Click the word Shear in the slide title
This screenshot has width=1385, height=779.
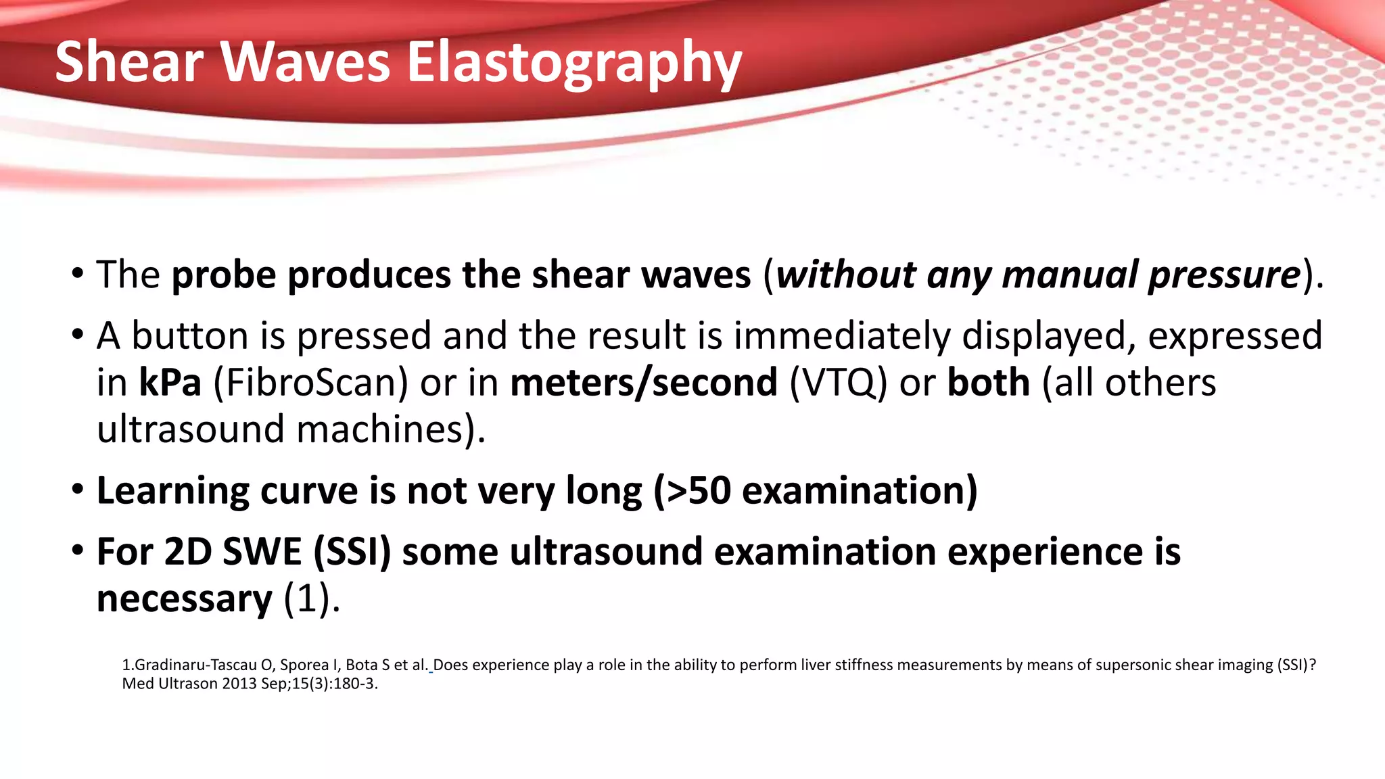pos(128,62)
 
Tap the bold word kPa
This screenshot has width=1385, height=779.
pos(170,383)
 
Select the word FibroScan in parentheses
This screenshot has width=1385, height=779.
pos(311,383)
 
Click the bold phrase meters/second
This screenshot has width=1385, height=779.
pos(644,383)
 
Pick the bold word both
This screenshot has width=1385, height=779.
pos(989,383)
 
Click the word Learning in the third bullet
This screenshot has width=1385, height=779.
pos(173,492)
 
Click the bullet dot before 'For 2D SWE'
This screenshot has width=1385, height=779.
pos(78,550)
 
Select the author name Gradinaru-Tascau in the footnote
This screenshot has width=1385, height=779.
pos(196,665)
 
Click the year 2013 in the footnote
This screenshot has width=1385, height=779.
pos(239,684)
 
